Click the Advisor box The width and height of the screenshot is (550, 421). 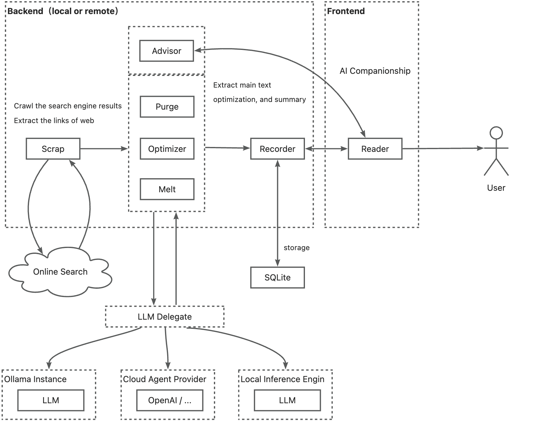[x=167, y=51]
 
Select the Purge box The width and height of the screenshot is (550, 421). [x=167, y=107]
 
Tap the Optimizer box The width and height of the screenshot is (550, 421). [x=167, y=149]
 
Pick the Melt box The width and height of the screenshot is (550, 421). [x=167, y=189]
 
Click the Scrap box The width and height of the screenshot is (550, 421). [x=53, y=149]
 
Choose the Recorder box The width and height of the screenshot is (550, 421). [x=277, y=149]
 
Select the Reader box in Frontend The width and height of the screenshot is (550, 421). [x=375, y=149]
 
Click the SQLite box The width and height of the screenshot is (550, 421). [x=277, y=277]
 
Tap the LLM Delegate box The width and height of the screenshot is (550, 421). [x=165, y=317]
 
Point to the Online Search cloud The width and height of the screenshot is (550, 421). [x=60, y=272]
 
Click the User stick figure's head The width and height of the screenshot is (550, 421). [x=496, y=133]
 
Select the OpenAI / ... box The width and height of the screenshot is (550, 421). [x=170, y=400]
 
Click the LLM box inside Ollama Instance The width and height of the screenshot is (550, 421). [x=51, y=400]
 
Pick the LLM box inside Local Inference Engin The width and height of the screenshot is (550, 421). [x=287, y=400]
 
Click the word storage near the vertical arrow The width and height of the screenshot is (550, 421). [x=296, y=248]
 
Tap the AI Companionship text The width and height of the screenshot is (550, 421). [x=375, y=71]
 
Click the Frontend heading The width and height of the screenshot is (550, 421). [x=346, y=11]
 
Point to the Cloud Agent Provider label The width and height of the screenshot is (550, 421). [x=164, y=379]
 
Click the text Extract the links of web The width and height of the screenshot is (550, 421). [x=54, y=121]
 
